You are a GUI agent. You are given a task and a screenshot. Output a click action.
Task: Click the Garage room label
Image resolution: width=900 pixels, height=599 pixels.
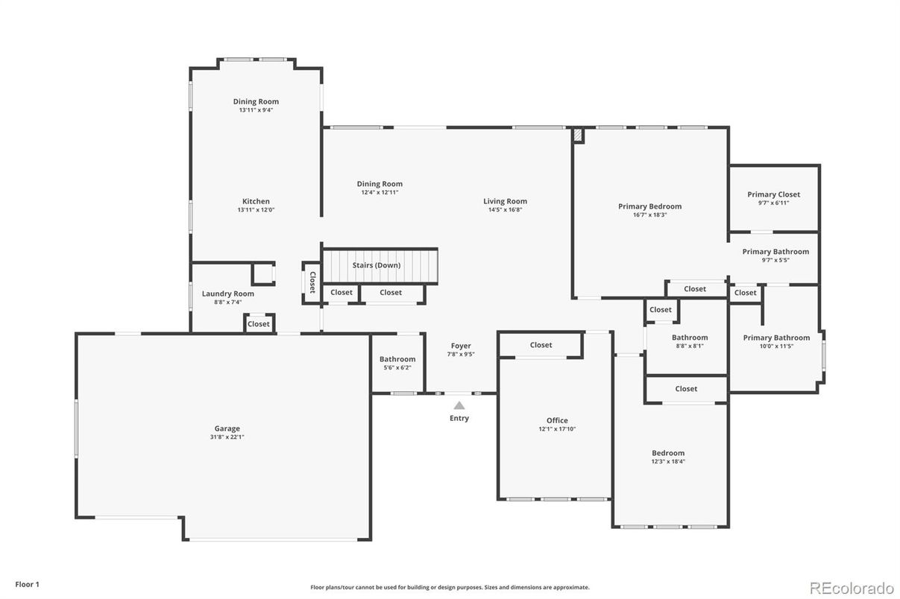(227, 428)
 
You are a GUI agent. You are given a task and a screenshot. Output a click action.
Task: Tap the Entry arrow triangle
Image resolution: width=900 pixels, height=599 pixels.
(459, 405)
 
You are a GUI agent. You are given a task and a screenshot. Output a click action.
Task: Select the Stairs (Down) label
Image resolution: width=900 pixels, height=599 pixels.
(377, 265)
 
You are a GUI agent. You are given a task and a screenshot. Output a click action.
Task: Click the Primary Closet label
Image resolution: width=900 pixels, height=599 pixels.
(773, 194)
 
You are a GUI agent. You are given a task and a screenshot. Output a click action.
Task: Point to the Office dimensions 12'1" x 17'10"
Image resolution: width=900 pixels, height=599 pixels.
(557, 429)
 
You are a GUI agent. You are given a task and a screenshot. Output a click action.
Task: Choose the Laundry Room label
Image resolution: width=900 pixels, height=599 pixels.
(227, 294)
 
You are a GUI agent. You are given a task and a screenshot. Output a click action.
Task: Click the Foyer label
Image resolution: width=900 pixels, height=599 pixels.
(461, 346)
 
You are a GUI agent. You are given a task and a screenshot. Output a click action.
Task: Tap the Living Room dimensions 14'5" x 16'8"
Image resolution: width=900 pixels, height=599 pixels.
(505, 210)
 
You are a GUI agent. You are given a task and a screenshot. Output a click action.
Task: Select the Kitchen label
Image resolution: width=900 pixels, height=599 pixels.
(256, 201)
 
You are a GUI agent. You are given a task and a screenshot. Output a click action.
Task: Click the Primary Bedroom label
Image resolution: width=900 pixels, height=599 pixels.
(649, 206)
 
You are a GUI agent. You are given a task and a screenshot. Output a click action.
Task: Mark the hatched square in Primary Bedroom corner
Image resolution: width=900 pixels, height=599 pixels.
(578, 136)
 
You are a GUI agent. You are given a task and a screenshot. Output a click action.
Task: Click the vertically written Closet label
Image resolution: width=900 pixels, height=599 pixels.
(312, 282)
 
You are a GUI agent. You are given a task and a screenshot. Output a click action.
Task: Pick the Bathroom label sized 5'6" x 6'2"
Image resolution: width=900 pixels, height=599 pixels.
(397, 359)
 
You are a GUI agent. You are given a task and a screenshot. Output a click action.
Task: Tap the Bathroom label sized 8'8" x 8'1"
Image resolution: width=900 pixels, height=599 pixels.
(690, 337)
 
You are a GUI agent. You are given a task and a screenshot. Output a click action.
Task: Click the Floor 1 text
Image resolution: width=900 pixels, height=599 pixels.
(27, 584)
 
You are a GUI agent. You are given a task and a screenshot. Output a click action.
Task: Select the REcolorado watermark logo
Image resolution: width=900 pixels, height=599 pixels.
(852, 587)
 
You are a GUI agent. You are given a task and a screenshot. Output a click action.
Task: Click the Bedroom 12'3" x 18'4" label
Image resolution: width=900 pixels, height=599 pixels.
(668, 453)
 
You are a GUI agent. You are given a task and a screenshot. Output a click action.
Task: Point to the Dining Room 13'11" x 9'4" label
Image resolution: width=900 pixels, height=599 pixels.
(256, 101)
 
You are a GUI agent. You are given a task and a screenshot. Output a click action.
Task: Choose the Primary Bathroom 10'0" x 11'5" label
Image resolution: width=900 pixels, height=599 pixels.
(776, 337)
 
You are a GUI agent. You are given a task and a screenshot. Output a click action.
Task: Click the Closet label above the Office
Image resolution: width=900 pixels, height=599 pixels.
(541, 345)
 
